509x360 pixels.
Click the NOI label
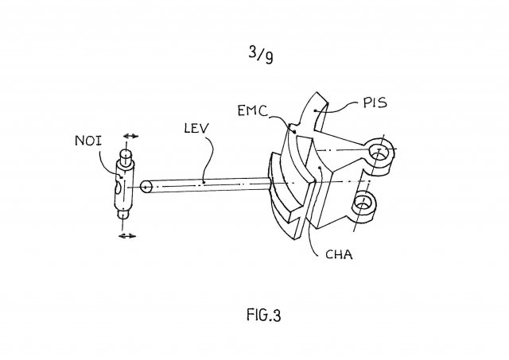coord(88,141)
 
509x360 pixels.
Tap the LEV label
coord(196,129)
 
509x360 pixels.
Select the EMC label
coord(253,110)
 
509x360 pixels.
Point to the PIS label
coord(375,103)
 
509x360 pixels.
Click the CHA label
coord(339,254)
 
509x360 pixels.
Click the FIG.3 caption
coord(263,315)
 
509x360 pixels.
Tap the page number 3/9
coord(261,55)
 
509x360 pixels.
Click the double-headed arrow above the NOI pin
coord(130,136)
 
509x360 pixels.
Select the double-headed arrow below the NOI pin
coord(127,236)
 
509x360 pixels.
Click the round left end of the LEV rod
coord(146,187)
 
